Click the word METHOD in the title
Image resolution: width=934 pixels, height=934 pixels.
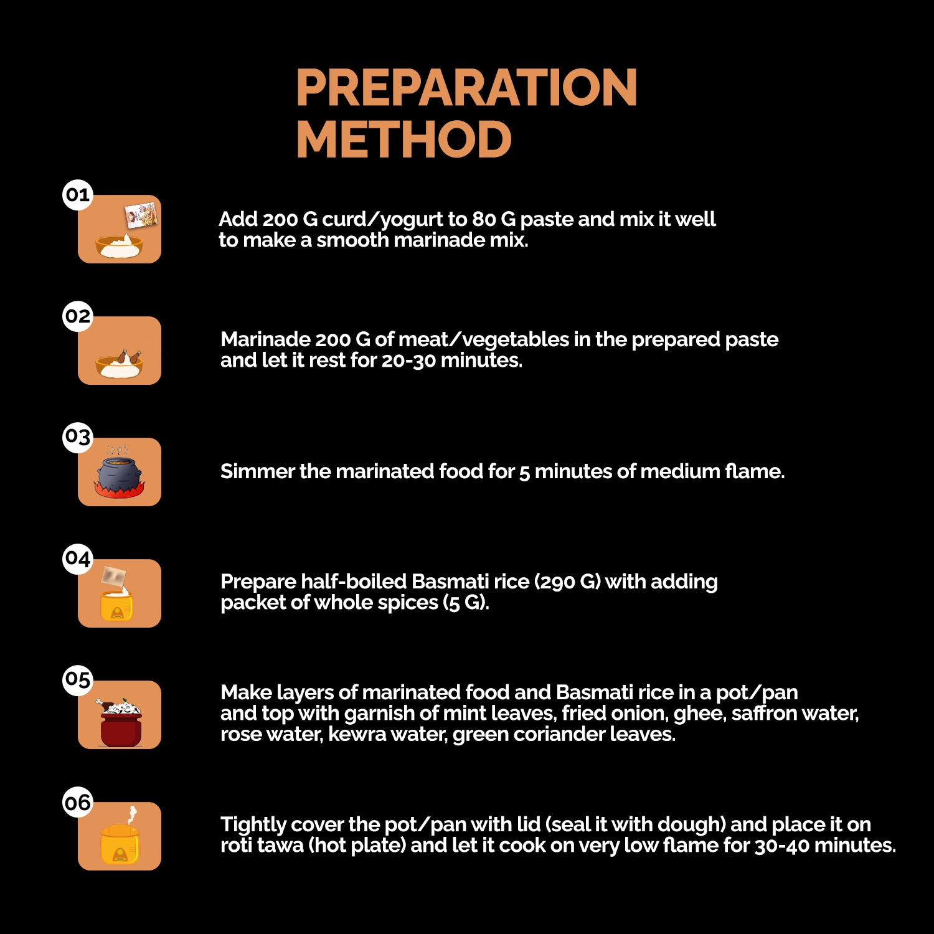point(404,139)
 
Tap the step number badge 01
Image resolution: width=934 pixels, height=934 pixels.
point(78,195)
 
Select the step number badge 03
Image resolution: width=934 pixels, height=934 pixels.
point(78,437)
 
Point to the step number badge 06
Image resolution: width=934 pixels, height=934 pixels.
point(78,802)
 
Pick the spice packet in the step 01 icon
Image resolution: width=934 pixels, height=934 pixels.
point(141,215)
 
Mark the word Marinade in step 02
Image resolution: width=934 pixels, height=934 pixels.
point(265,339)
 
